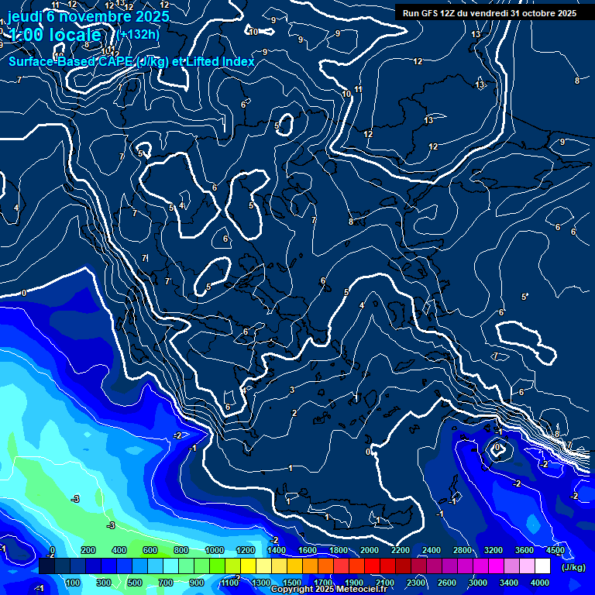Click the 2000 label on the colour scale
point(370,550)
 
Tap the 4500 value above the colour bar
point(555,550)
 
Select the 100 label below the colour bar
point(74,583)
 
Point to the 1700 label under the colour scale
point(323,583)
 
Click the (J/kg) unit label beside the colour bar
point(573,567)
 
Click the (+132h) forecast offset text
point(139,34)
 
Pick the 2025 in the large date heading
point(152,15)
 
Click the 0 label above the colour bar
point(52,550)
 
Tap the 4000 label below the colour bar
point(540,583)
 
